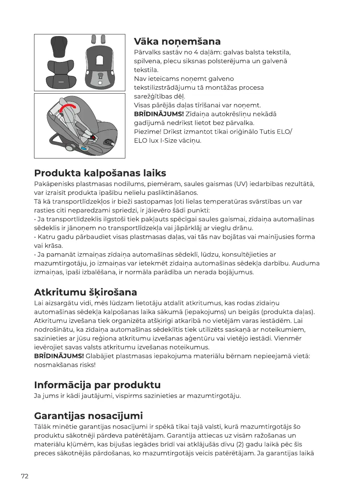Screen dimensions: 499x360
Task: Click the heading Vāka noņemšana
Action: [177, 42]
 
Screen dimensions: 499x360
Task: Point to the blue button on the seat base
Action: [84, 148]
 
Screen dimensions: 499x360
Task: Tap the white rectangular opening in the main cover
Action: [100, 60]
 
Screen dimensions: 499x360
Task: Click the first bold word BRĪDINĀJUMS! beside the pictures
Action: [159, 114]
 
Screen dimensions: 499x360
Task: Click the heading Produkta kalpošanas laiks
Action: [100, 173]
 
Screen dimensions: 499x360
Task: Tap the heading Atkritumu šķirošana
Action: [85, 292]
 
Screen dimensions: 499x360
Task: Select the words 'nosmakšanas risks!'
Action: [65, 365]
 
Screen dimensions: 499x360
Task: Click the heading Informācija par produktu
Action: [97, 385]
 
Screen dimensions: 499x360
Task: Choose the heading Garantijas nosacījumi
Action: [88, 415]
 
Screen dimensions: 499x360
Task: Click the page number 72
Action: [25, 476]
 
